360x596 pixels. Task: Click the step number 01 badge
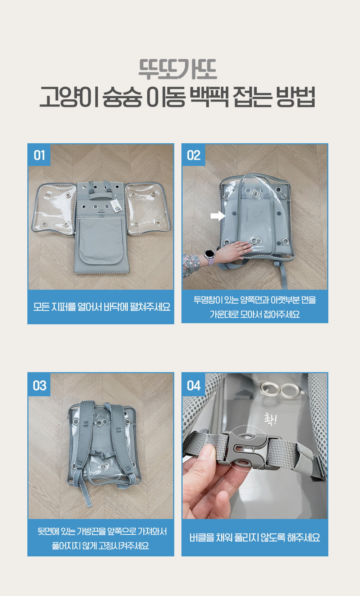(x=39, y=155)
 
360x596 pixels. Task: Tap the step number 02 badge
(x=193, y=155)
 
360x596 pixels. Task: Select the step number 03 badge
(x=39, y=385)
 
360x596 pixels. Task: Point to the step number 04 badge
(x=193, y=385)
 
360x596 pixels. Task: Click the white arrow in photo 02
(x=218, y=216)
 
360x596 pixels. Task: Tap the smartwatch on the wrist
(x=210, y=254)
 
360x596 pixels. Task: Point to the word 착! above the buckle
(x=270, y=419)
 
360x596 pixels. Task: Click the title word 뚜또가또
(x=177, y=69)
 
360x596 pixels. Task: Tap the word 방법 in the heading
(x=295, y=97)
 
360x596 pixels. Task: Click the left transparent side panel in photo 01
(x=54, y=209)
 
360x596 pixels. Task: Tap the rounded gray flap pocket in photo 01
(x=101, y=241)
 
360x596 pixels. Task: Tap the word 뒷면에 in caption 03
(x=48, y=531)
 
